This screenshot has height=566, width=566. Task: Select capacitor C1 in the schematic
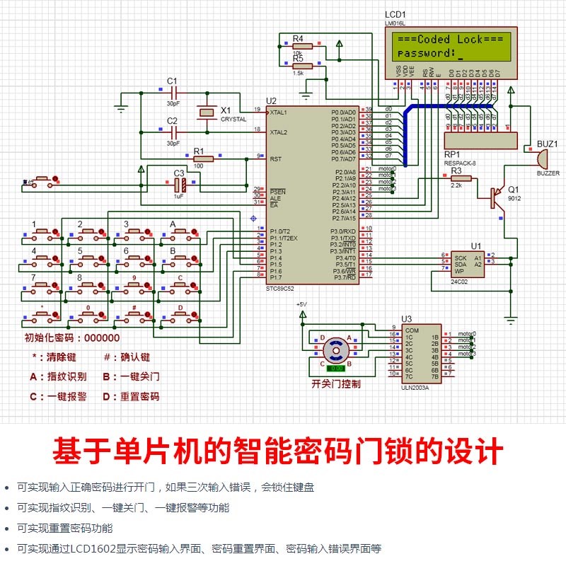coord(173,93)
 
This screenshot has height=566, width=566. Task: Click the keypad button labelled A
coord(173,232)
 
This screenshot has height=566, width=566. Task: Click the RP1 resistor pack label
coord(452,154)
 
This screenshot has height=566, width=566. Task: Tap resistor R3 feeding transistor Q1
coord(456,178)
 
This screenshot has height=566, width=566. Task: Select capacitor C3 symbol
coord(180,184)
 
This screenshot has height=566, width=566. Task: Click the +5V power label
coord(302,304)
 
